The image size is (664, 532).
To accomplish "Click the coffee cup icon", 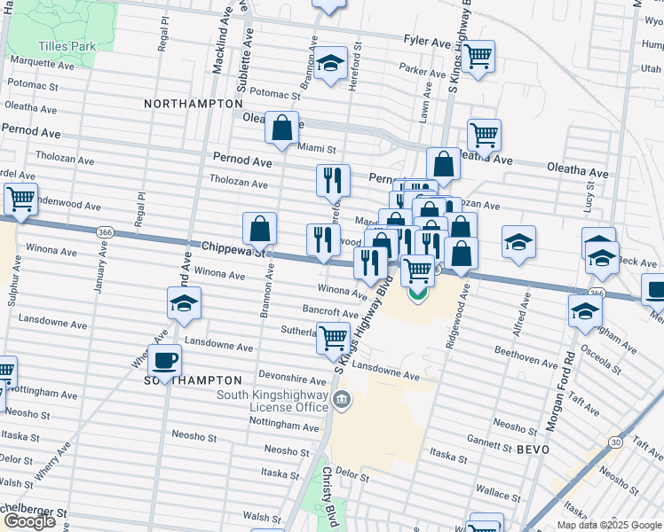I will [165, 359].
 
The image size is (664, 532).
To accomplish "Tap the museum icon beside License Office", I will [343, 402].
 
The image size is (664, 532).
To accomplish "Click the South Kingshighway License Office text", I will [275, 401].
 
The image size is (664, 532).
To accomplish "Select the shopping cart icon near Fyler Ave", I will [478, 56].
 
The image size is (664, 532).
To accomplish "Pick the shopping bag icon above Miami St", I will [281, 128].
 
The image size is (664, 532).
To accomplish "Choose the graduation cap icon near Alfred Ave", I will [518, 242].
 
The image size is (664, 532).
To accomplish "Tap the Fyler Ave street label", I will [427, 42].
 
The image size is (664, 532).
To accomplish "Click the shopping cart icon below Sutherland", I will [333, 337].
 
